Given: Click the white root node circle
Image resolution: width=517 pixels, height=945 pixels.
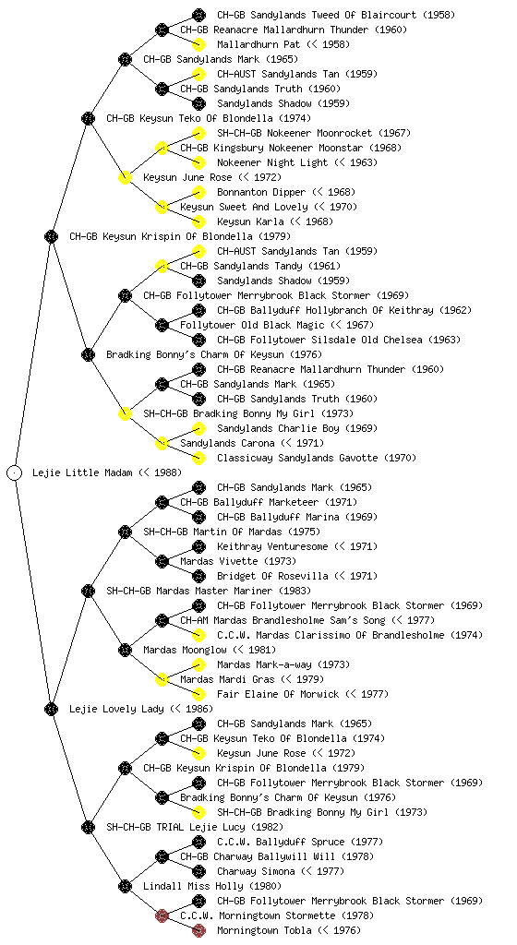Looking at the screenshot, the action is (x=15, y=472).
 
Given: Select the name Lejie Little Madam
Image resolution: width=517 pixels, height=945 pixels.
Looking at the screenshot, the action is (x=82, y=472).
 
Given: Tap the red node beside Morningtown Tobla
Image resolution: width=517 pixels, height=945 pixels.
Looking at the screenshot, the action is (x=198, y=930).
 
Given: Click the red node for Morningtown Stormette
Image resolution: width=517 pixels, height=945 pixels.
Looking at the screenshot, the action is (x=162, y=915).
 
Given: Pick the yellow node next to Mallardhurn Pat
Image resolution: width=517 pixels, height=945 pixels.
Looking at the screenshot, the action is (x=198, y=44).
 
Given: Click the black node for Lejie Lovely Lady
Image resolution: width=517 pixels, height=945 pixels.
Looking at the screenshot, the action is (x=51, y=709).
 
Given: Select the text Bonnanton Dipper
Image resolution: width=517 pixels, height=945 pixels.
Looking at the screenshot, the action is (x=261, y=192).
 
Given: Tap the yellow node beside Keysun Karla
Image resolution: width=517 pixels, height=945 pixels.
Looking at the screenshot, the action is (x=198, y=221).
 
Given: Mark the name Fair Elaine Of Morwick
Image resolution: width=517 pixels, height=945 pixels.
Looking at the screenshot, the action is (x=278, y=694).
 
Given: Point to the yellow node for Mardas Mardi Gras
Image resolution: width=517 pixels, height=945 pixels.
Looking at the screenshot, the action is (x=162, y=679).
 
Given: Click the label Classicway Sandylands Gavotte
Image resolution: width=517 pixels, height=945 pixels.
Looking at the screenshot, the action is (x=297, y=458).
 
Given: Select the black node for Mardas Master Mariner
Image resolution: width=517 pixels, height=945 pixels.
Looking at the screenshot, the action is (x=88, y=591).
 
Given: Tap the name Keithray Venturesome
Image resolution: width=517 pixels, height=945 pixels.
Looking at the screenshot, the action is (x=272, y=546).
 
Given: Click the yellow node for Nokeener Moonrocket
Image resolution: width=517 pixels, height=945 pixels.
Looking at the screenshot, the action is (x=198, y=133).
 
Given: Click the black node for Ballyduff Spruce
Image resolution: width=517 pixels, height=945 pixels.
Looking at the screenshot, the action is (x=198, y=842).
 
